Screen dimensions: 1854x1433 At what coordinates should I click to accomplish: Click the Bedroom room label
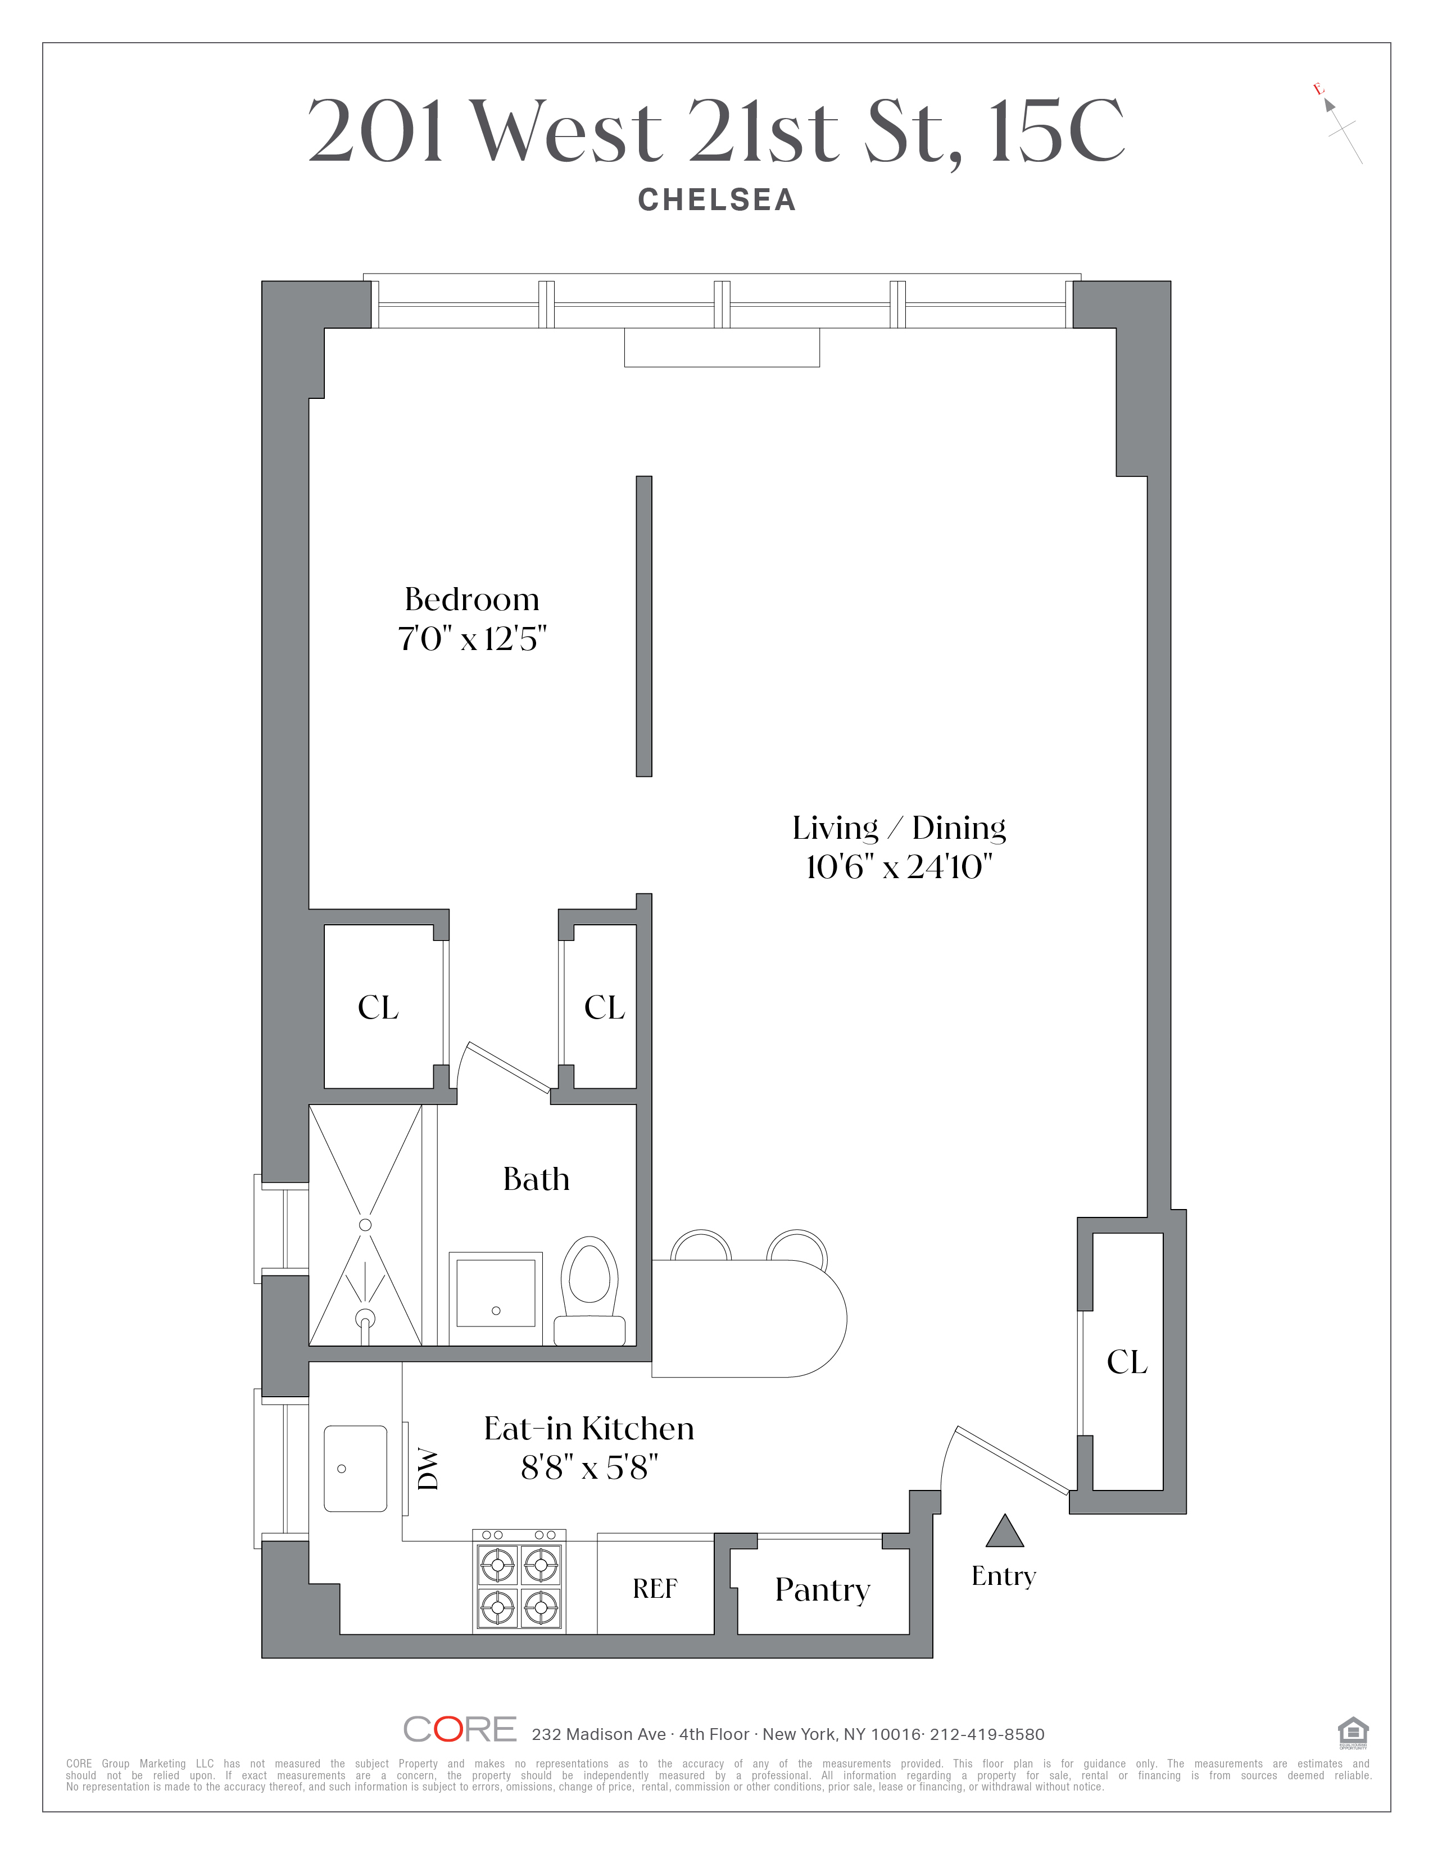pyautogui.click(x=472, y=599)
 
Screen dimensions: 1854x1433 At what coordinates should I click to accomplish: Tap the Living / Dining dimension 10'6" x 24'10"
pyautogui.click(x=899, y=867)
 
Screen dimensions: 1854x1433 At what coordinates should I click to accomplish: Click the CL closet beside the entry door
pyautogui.click(x=1127, y=1362)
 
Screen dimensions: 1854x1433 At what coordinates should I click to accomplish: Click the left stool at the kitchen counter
pyautogui.click(x=700, y=1246)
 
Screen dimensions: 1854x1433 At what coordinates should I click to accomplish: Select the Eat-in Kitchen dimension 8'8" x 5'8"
pyautogui.click(x=589, y=1467)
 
